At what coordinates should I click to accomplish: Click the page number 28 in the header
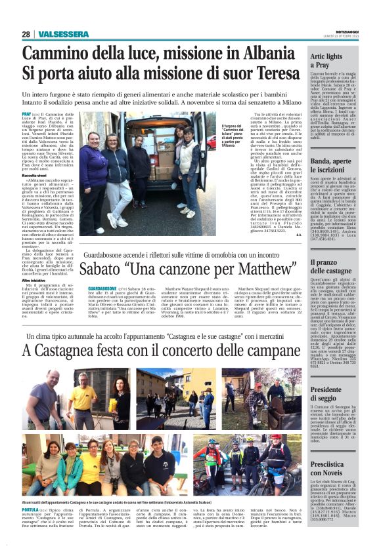pyautogui.click(x=26, y=34)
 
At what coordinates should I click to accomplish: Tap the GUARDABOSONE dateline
pyautogui.click(x=102, y=288)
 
